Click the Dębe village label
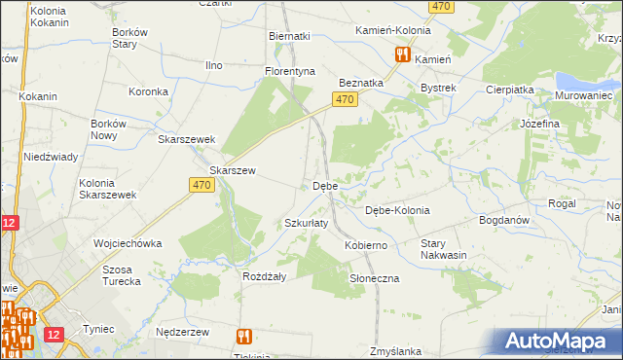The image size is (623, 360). (x=324, y=185)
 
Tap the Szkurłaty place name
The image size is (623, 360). (x=306, y=223)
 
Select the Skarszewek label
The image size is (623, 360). (x=186, y=139)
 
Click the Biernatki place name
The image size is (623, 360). (x=289, y=36)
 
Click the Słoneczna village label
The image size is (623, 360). (x=375, y=278)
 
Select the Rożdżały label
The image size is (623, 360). (x=263, y=275)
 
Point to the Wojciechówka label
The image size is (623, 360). (x=127, y=243)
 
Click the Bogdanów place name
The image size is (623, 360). (x=503, y=220)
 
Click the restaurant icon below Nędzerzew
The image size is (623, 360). (x=243, y=337)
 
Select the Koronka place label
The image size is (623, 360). (x=149, y=91)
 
